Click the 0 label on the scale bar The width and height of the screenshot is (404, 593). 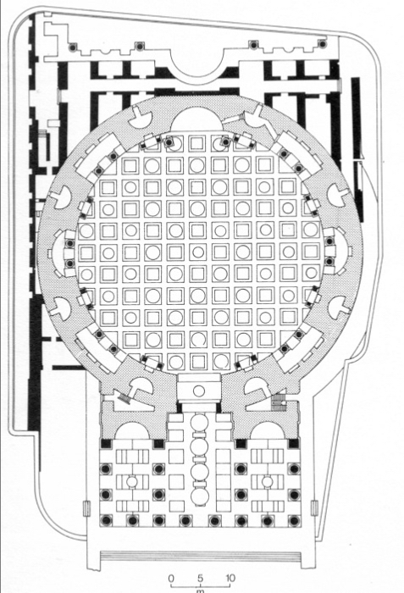[170, 579]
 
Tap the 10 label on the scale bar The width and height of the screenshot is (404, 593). [230, 579]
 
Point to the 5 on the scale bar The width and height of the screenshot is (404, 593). [200, 579]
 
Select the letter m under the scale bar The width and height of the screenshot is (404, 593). [200, 590]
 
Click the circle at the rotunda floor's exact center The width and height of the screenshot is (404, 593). [198, 252]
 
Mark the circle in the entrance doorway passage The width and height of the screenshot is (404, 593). [199, 391]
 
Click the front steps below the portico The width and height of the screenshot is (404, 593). [201, 557]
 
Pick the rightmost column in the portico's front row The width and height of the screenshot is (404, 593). [294, 521]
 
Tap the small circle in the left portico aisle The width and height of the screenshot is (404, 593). [132, 482]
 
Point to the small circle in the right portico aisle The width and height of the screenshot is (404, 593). [268, 482]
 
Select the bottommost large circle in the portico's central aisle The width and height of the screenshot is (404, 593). [199, 496]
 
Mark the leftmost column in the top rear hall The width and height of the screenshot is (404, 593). [72, 47]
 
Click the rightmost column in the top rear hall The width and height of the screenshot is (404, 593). [322, 44]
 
